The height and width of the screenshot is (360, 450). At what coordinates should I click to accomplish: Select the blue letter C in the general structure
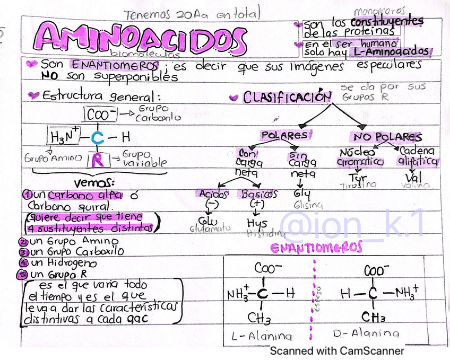pyautogui.click(x=97, y=138)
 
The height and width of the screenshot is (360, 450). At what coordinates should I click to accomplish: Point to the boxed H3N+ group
pyautogui.click(x=63, y=137)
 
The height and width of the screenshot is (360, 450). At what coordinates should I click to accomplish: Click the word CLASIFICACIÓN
pyautogui.click(x=287, y=98)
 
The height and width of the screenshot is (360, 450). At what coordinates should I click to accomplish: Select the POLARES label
pyautogui.click(x=284, y=136)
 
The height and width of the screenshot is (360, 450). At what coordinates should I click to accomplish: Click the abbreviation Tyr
pyautogui.click(x=357, y=177)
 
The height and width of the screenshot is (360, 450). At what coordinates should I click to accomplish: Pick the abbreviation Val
pyautogui.click(x=413, y=177)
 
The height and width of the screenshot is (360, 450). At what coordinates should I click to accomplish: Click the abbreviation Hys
pyautogui.click(x=257, y=223)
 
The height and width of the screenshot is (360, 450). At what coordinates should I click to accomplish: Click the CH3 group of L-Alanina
pyautogui.click(x=259, y=318)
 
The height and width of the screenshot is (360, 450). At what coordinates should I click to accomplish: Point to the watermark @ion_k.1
pyautogui.click(x=352, y=225)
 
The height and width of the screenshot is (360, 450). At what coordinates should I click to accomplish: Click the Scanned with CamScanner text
pyautogui.click(x=337, y=351)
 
